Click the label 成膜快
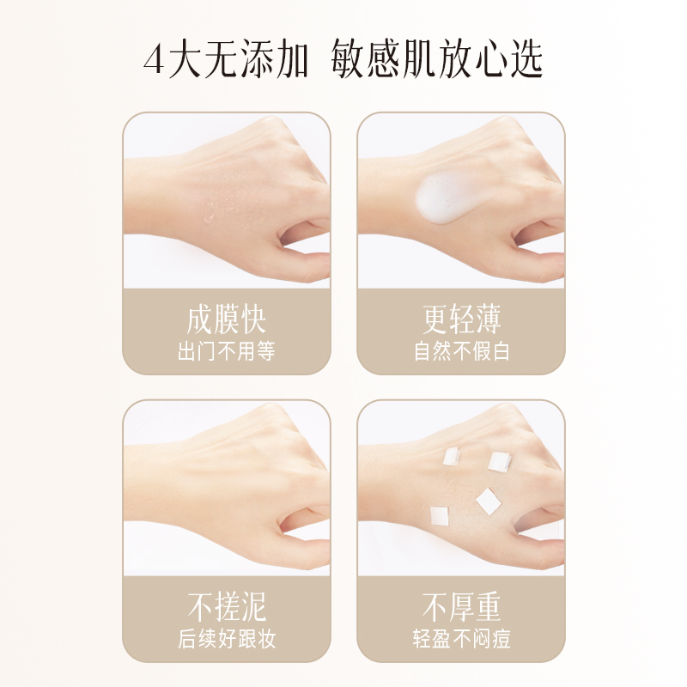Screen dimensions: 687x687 click(226, 320)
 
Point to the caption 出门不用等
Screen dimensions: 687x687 click(226, 351)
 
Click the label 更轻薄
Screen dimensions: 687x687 click(461, 320)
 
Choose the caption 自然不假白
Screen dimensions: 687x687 click(461, 351)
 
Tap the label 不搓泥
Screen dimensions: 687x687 click(226, 608)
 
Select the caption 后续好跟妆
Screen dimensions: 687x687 click(226, 639)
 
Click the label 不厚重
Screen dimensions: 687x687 click(461, 608)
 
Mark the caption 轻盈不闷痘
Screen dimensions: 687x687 click(461, 639)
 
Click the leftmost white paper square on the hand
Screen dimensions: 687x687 click(441, 514)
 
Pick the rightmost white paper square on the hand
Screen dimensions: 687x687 click(500, 462)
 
